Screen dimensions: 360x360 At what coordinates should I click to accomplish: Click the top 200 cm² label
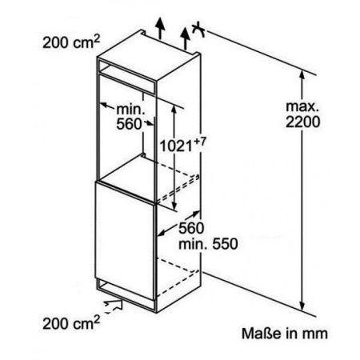coord(71,42)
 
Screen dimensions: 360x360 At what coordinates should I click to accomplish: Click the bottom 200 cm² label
coord(71,322)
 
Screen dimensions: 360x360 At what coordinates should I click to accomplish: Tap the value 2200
coord(302,122)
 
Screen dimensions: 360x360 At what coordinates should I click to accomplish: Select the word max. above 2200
coord(302,106)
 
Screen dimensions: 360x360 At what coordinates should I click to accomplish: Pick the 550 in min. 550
coord(225,244)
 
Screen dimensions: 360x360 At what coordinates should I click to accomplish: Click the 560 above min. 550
coord(191,228)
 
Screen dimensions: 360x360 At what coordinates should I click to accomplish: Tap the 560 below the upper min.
coord(129,124)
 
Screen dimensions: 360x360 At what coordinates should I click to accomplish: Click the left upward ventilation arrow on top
coord(160,29)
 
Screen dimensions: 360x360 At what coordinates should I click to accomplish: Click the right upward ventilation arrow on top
coord(185,38)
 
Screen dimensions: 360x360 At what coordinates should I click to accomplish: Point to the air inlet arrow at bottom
coord(114,306)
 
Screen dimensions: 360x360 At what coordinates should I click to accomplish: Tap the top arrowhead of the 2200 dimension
coord(302,74)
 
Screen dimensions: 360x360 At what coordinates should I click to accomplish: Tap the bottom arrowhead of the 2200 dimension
coord(302,306)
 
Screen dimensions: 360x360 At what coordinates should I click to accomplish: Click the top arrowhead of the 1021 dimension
coord(174,110)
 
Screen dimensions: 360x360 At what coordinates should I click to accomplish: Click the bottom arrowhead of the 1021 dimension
coord(174,206)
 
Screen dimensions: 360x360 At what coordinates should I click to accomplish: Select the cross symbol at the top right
coord(198,29)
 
